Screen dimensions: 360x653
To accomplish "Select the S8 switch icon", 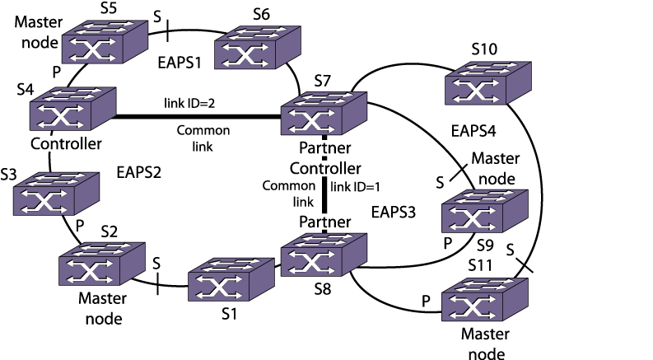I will [322, 257].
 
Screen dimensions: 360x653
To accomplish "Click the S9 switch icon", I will [482, 213].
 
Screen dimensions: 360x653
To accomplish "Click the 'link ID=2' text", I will [193, 104].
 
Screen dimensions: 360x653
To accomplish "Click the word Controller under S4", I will [66, 145].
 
